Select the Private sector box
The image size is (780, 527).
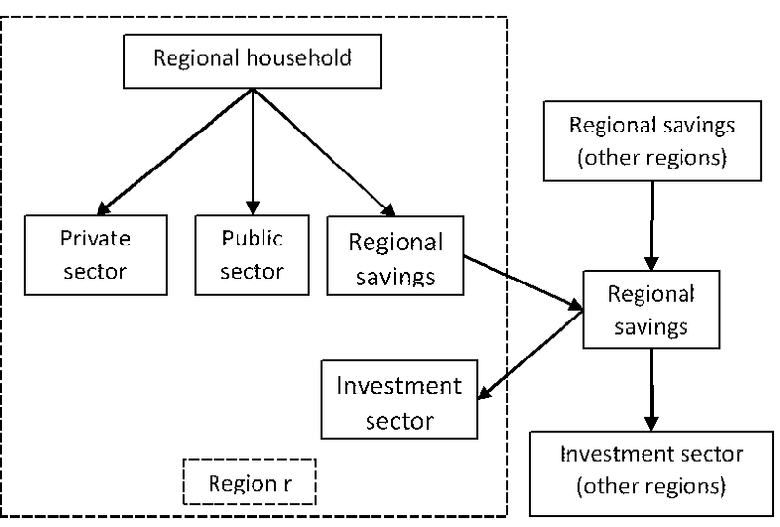coord(95,254)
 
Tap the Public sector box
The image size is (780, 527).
coord(253,254)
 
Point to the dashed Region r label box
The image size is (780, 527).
coord(251,482)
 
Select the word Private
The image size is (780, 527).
coord(95,239)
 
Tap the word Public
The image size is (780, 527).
coord(253,239)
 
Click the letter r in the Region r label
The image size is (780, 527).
coord(285,483)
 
